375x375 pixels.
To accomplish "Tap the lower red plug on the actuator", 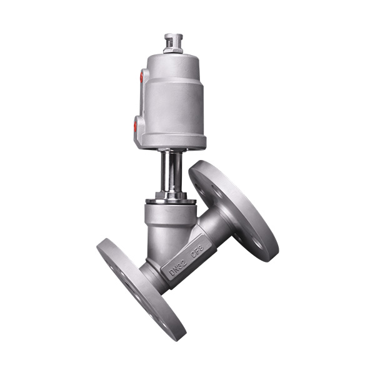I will click(135, 126).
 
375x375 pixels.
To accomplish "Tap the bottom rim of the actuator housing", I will click(172, 143).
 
